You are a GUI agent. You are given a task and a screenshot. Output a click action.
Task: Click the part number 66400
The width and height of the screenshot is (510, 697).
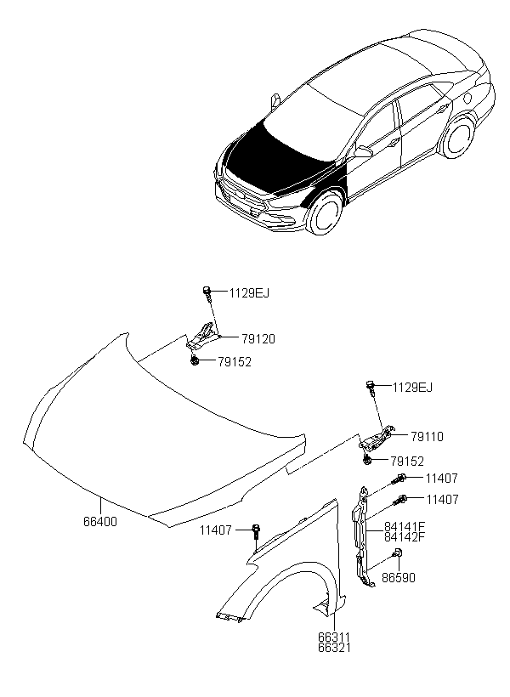100,522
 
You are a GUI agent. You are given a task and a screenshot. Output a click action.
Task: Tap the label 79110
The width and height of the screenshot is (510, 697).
426,437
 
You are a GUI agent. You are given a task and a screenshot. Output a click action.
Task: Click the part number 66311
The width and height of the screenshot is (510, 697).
333,637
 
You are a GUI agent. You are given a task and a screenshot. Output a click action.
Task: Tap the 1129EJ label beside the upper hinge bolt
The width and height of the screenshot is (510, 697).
249,293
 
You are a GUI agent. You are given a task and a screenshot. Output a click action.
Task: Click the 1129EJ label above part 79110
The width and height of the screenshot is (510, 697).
412,388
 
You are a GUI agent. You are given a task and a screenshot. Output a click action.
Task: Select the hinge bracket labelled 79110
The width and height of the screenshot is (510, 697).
375,437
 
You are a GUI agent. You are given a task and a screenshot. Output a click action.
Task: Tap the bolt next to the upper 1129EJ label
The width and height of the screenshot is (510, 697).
207,294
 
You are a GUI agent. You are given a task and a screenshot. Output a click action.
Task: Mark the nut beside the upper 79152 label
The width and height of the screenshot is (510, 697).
196,361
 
